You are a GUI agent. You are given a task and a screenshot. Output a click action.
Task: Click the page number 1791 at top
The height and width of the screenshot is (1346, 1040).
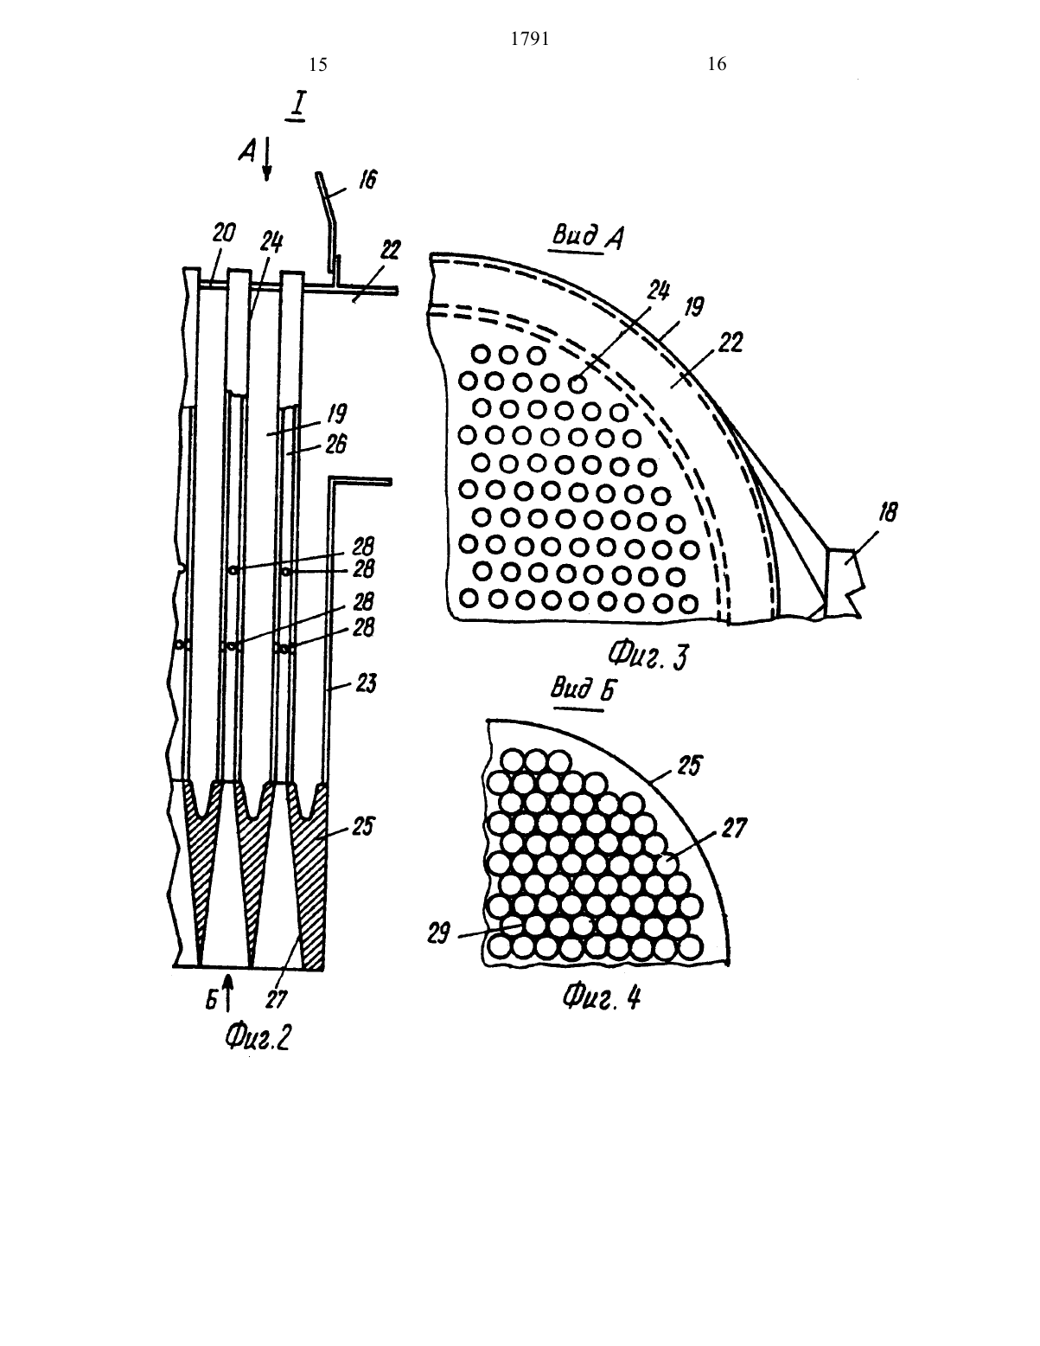click(x=530, y=39)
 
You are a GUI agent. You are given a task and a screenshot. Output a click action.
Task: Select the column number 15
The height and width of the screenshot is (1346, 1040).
click(x=317, y=64)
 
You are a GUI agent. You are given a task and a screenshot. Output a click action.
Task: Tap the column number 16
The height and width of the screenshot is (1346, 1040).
click(x=717, y=64)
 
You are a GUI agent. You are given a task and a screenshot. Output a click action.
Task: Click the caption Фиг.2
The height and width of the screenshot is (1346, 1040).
click(x=258, y=1037)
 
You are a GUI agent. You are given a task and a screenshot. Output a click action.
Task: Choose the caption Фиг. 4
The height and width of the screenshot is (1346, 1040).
click(x=602, y=997)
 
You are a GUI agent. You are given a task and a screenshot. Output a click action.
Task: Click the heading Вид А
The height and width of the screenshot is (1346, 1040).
click(x=588, y=237)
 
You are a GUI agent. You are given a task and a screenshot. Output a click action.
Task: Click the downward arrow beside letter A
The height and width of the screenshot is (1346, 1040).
click(x=267, y=159)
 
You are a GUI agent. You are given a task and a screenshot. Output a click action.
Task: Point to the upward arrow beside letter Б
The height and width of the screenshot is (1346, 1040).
click(x=228, y=992)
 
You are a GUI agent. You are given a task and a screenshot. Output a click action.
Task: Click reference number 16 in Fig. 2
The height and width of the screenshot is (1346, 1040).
click(x=367, y=180)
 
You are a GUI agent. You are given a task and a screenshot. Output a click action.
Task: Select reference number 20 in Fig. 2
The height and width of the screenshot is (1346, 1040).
click(x=224, y=233)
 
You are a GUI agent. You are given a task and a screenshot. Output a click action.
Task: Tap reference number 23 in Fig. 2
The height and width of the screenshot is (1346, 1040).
click(x=365, y=684)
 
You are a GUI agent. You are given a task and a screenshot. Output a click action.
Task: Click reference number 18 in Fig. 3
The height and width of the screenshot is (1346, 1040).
click(x=888, y=512)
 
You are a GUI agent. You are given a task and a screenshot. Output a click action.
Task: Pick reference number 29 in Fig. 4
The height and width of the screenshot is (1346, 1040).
click(x=439, y=933)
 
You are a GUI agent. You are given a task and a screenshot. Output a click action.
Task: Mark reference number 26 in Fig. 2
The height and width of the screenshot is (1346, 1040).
click(x=335, y=444)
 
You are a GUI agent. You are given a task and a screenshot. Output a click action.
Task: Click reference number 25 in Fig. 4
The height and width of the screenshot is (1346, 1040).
click(x=688, y=766)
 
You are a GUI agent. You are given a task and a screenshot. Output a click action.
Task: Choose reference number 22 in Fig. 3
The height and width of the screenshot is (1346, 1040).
click(x=731, y=342)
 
